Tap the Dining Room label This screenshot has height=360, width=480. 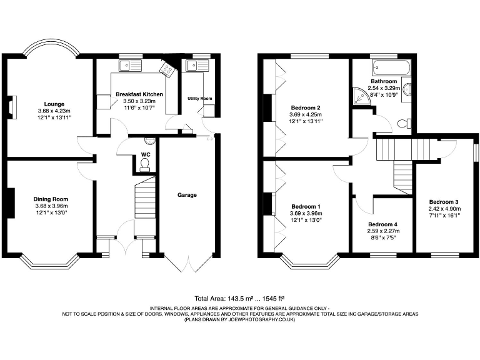point(49,199)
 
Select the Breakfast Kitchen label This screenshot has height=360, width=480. point(139,94)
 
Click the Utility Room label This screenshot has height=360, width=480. point(200,99)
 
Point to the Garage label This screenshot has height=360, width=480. point(187,195)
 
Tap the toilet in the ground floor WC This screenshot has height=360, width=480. point(145,164)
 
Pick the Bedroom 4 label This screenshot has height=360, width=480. point(382,224)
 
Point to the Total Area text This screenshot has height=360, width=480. point(240,299)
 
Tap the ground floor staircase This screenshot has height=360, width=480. point(145,197)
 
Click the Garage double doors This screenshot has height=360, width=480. point(187,263)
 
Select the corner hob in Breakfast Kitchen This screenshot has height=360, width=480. point(167,67)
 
